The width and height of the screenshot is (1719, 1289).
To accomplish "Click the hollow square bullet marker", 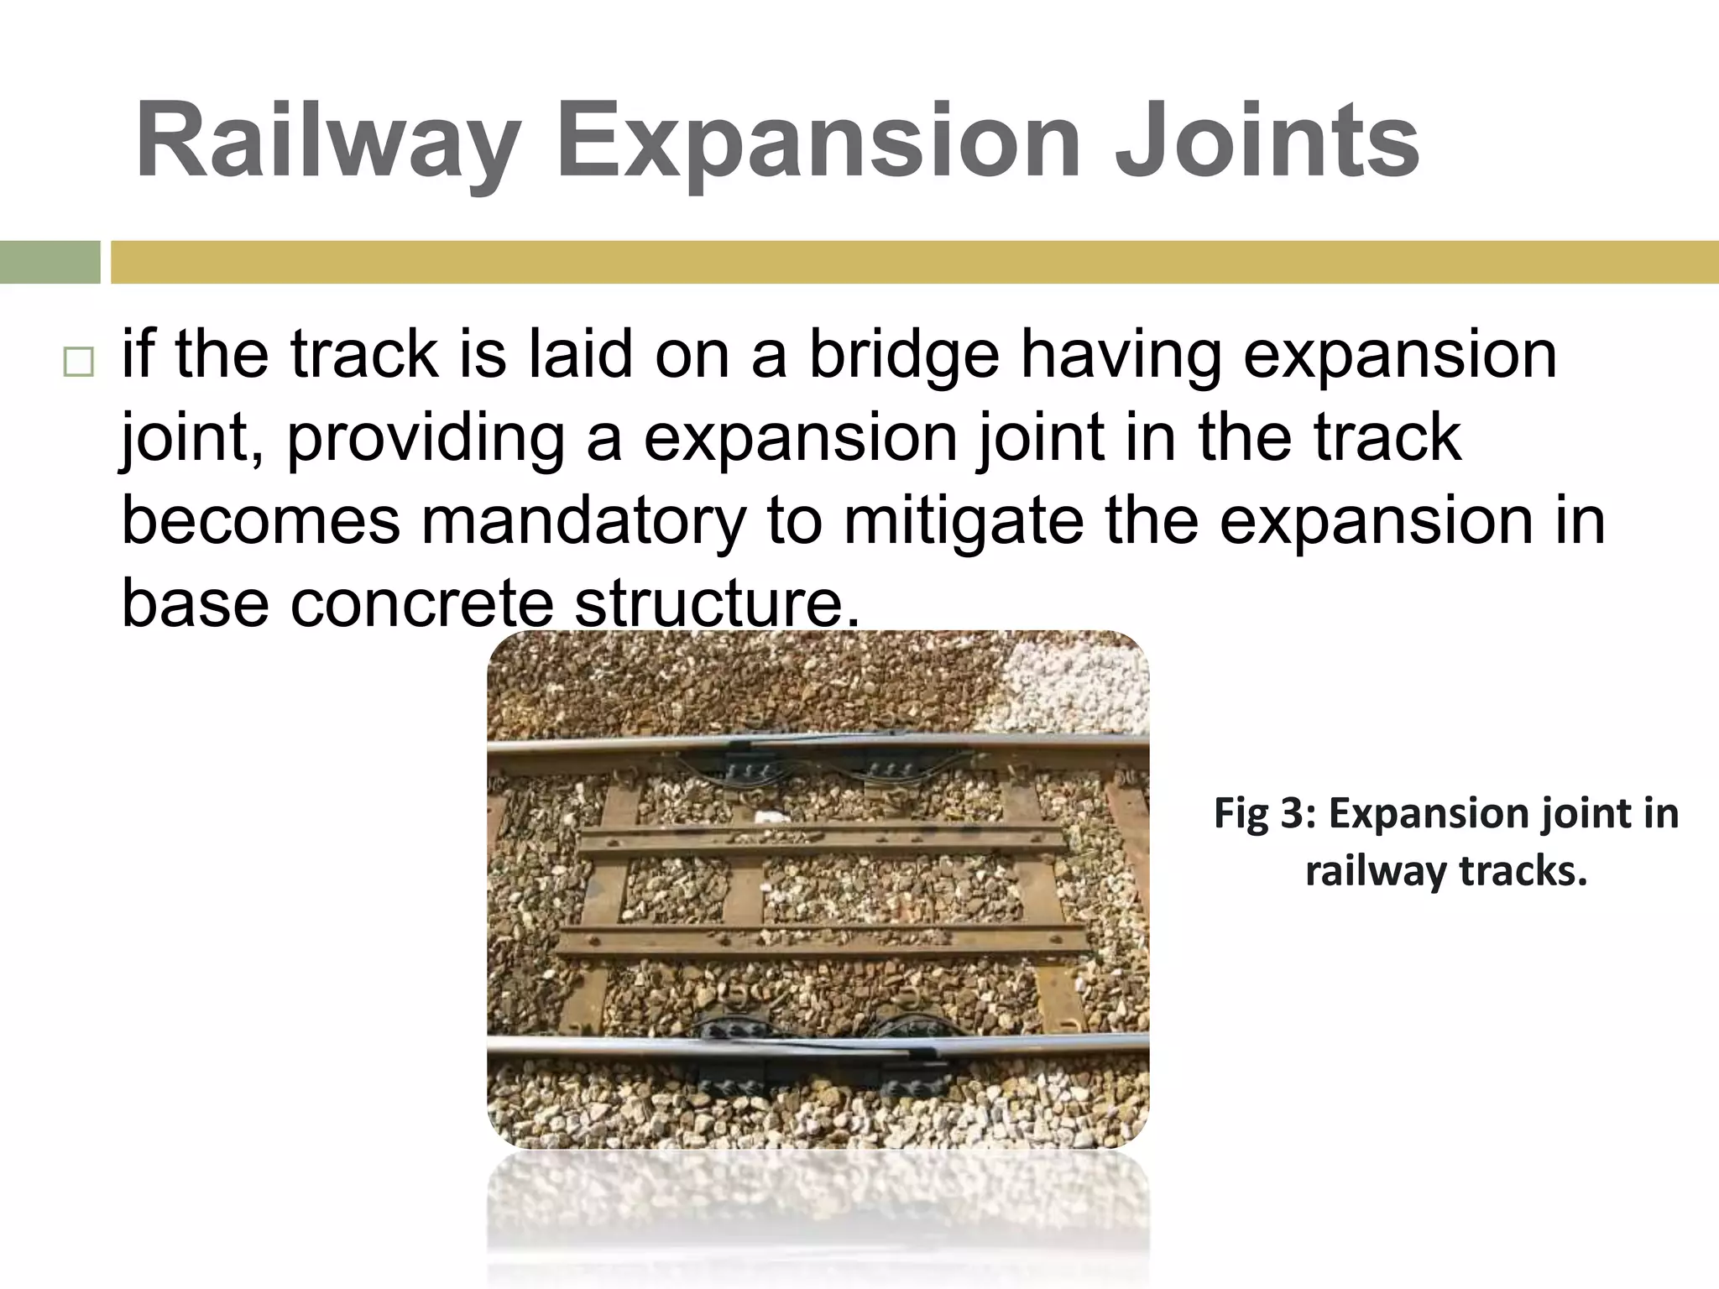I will tap(78, 363).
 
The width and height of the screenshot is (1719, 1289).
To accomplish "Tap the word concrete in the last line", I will tap(422, 603).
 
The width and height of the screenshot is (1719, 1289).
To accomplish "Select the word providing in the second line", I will tap(426, 439).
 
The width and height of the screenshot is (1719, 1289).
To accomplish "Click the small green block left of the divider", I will tap(50, 263).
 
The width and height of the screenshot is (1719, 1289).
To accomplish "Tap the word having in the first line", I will tap(1121, 357).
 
